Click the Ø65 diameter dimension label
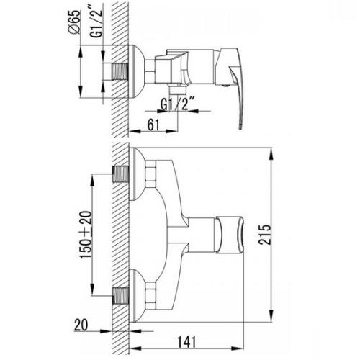pos(73,23)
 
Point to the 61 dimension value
pos(153,125)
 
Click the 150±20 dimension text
pos(86,234)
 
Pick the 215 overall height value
pos(265,234)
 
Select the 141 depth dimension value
pos(186,342)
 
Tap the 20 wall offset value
pos(81,325)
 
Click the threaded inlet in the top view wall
pos(120,71)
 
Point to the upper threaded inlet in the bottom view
pos(120,174)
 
